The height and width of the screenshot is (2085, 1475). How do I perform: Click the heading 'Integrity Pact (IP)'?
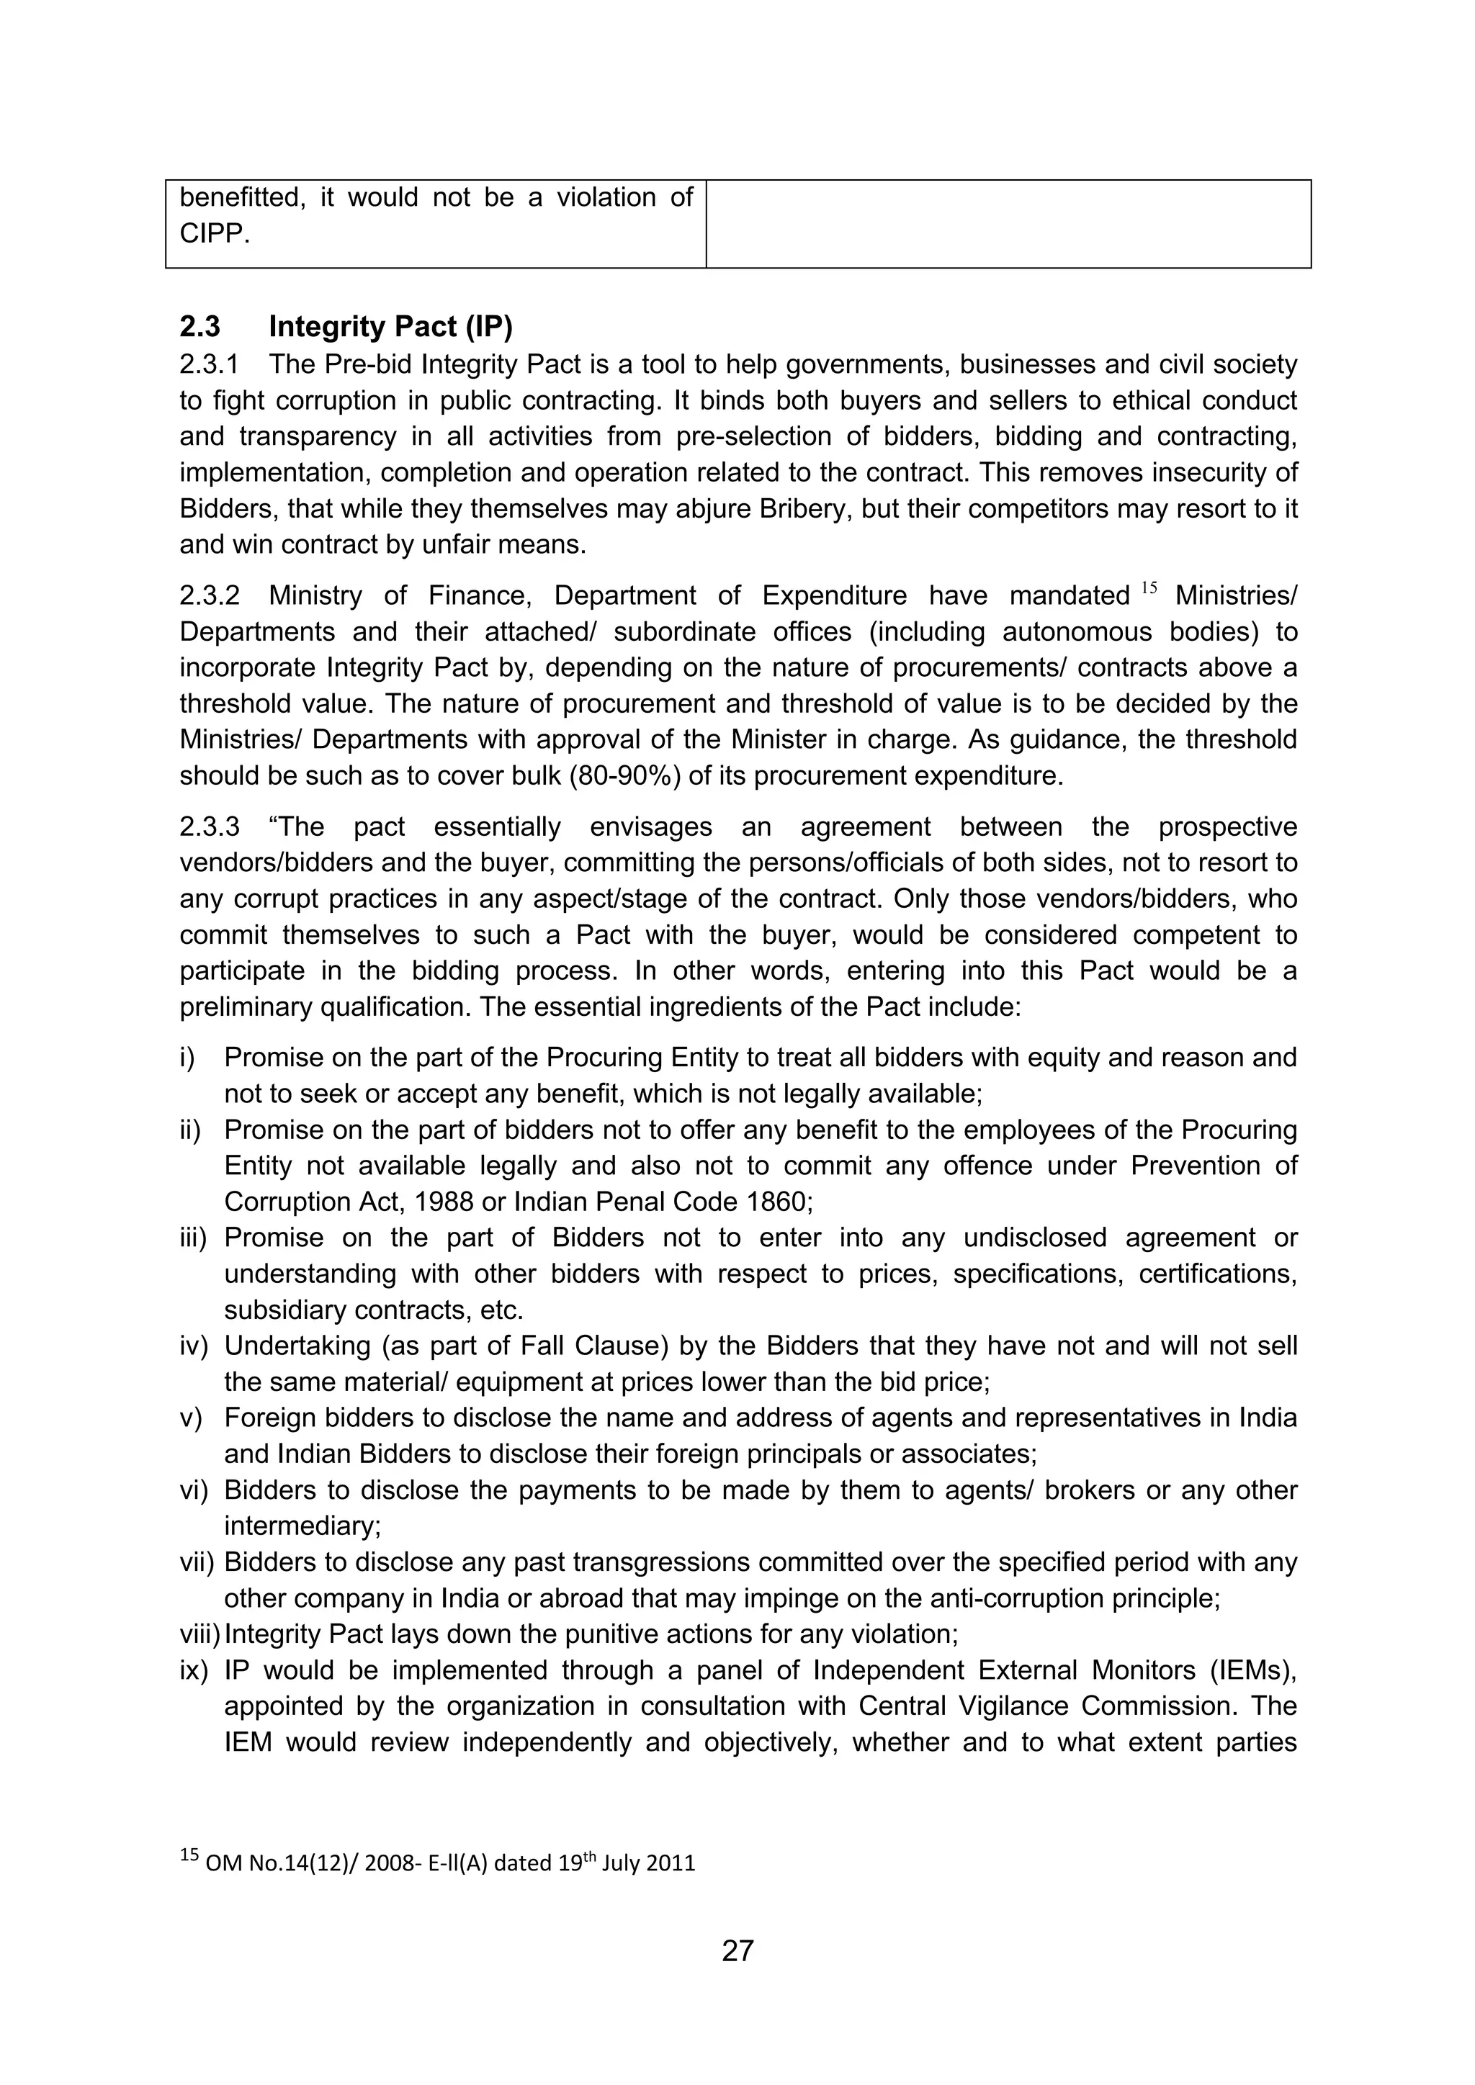pyautogui.click(x=390, y=326)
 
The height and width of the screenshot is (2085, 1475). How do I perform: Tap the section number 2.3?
pyautogui.click(x=199, y=326)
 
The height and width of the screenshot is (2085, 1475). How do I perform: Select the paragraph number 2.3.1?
pyautogui.click(x=209, y=365)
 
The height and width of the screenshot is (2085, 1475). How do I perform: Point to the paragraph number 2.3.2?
pyautogui.click(x=209, y=595)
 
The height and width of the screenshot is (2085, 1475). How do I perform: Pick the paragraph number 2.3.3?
pyautogui.click(x=209, y=827)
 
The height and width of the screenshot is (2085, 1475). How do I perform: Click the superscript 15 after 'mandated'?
pyautogui.click(x=1149, y=588)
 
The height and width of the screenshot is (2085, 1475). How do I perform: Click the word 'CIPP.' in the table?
pyautogui.click(x=215, y=234)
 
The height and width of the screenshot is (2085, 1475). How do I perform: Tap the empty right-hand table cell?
pyautogui.click(x=1008, y=223)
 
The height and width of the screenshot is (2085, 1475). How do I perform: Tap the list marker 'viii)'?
pyautogui.click(x=199, y=1634)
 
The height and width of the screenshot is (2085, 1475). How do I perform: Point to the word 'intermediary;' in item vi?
pyautogui.click(x=302, y=1526)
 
